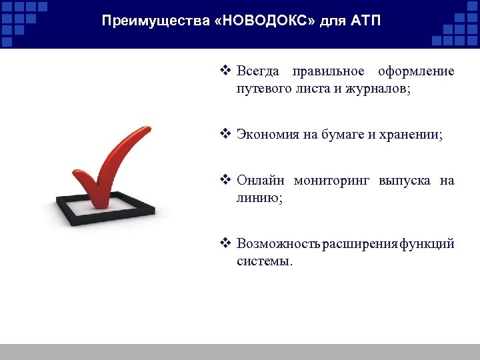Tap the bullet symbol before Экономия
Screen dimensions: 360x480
(x=225, y=133)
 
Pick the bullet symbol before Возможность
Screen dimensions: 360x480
(x=225, y=243)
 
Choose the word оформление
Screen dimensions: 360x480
(x=416, y=71)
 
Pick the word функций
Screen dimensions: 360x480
(x=427, y=243)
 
